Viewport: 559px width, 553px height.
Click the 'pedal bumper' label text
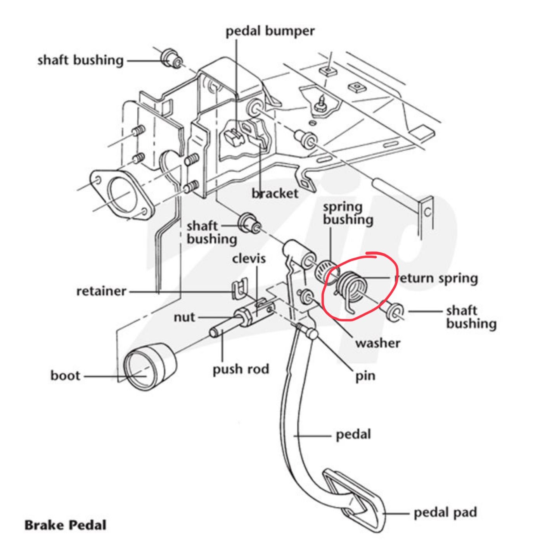(x=270, y=31)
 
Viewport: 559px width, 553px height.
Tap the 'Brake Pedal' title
(x=65, y=525)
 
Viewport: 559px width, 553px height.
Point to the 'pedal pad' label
(x=445, y=512)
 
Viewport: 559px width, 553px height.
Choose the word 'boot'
(x=65, y=375)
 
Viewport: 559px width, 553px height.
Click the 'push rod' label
(x=241, y=369)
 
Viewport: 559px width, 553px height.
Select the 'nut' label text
(x=184, y=317)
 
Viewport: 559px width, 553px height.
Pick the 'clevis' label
(x=249, y=258)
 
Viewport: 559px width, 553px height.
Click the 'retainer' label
(x=101, y=291)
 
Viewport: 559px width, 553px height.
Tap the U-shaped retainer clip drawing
(x=239, y=289)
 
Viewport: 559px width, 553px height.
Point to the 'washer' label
(x=377, y=343)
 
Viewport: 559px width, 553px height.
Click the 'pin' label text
(x=365, y=376)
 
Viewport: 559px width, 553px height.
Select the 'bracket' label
(x=275, y=193)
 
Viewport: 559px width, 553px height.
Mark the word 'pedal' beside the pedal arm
(x=353, y=434)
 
